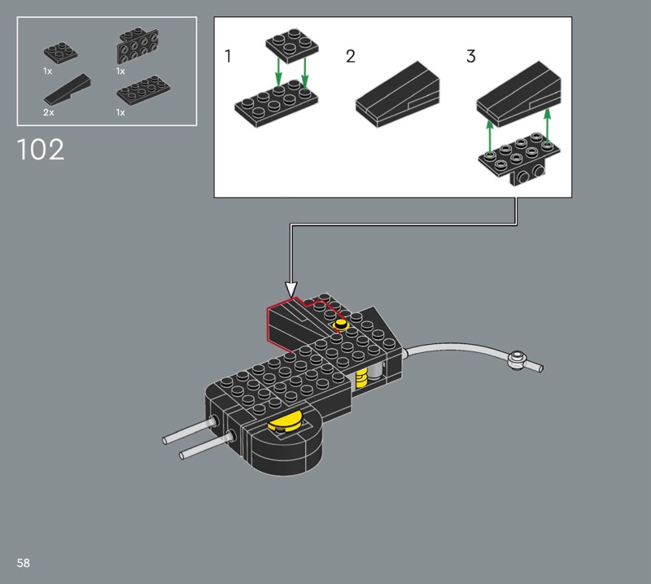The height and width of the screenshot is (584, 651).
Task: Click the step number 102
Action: tap(40, 150)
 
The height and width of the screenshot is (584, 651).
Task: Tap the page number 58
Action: tap(24, 563)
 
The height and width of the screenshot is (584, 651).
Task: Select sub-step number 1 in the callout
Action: tap(228, 56)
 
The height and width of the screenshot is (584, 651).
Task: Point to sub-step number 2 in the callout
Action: tap(351, 56)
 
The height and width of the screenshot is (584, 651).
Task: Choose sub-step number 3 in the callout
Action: tap(471, 56)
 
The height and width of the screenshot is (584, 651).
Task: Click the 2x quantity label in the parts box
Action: tap(49, 112)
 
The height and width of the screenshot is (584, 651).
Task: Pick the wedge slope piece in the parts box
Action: tap(68, 89)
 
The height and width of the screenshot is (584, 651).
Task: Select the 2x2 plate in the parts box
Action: tap(60, 52)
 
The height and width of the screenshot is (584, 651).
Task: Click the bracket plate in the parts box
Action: tap(138, 46)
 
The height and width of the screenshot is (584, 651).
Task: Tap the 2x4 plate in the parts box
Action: tap(143, 90)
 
